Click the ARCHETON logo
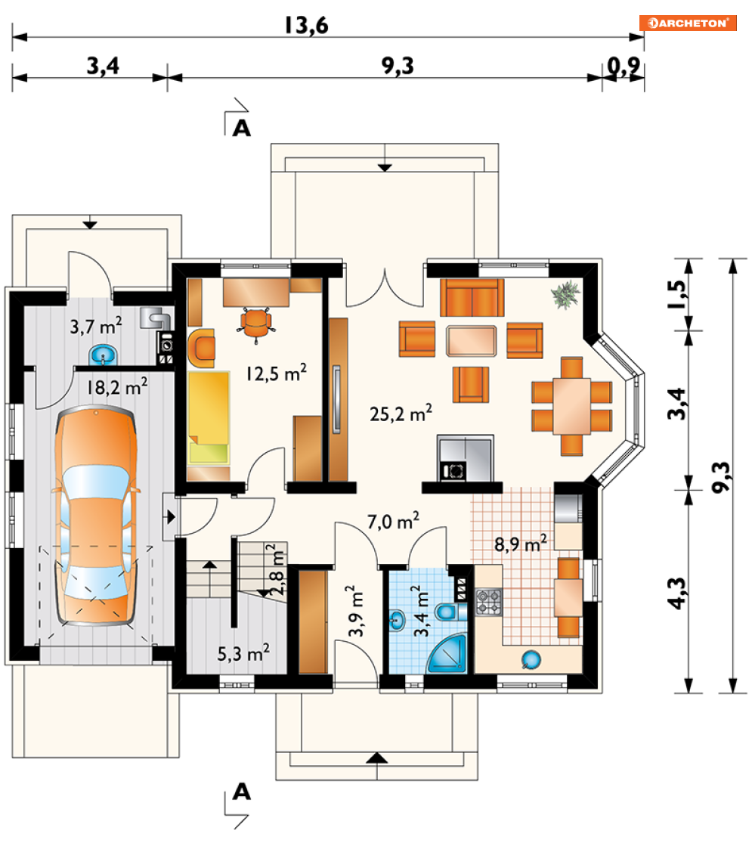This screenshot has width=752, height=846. tap(688, 23)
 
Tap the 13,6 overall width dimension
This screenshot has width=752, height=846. tap(306, 26)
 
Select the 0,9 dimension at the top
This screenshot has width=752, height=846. tap(624, 67)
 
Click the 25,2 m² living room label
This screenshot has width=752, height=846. tap(401, 414)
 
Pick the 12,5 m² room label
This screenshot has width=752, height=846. tap(276, 373)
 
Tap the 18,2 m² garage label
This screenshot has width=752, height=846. tap(117, 387)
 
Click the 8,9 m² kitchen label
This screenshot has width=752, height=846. tap(521, 544)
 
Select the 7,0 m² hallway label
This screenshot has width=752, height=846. tap(393, 522)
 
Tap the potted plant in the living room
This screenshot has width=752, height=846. tap(565, 295)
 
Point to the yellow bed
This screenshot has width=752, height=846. tap(209, 417)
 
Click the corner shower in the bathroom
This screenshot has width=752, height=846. tap(447, 654)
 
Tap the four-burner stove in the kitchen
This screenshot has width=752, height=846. tap(488, 603)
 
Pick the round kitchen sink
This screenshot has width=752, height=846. tap(531, 660)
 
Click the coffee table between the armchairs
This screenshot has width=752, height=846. tap(472, 340)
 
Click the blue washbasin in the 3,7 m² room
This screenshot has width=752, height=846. tap(103, 355)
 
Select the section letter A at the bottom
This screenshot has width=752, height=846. tap(242, 792)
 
